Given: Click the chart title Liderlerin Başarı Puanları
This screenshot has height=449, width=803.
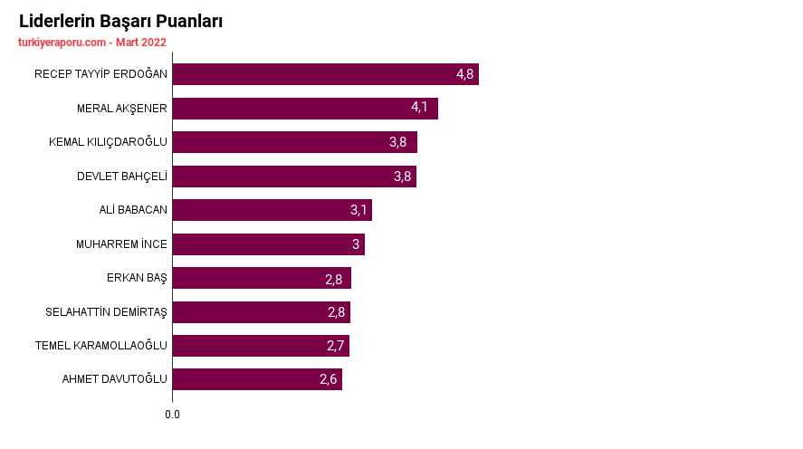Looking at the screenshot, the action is [121, 22].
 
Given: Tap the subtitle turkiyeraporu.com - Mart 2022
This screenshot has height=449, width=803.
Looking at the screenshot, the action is [92, 43].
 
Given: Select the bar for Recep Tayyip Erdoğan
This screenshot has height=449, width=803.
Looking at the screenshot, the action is [326, 74].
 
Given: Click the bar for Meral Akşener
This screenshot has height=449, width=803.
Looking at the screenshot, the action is [305, 109].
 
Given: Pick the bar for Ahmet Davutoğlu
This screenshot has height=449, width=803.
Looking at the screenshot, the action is [257, 379].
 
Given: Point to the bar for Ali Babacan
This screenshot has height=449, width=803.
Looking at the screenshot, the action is [272, 210].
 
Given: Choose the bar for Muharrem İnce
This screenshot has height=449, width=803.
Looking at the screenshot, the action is [268, 244].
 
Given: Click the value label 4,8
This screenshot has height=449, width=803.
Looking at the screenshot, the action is [465, 74].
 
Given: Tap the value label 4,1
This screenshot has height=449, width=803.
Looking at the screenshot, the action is [419, 107].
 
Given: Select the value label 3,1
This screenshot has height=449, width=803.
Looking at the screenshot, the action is [358, 210].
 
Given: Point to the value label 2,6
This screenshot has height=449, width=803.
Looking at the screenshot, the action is [329, 379].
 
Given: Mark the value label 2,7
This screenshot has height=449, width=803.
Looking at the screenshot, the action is [336, 346].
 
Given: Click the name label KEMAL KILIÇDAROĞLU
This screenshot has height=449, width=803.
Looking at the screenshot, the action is [108, 142].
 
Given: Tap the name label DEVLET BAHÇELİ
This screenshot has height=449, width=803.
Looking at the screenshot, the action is [122, 177].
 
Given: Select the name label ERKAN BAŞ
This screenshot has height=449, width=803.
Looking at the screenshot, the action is [137, 278].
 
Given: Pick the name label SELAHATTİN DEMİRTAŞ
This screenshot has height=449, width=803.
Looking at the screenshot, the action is [106, 311].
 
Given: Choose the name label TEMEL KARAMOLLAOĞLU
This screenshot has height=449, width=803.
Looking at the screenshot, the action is [100, 346].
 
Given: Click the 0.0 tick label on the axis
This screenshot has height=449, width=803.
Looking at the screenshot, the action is [172, 415].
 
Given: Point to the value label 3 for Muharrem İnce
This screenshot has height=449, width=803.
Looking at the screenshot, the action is [356, 244].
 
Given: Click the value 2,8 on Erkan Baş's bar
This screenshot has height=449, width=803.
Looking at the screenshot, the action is [333, 280].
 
